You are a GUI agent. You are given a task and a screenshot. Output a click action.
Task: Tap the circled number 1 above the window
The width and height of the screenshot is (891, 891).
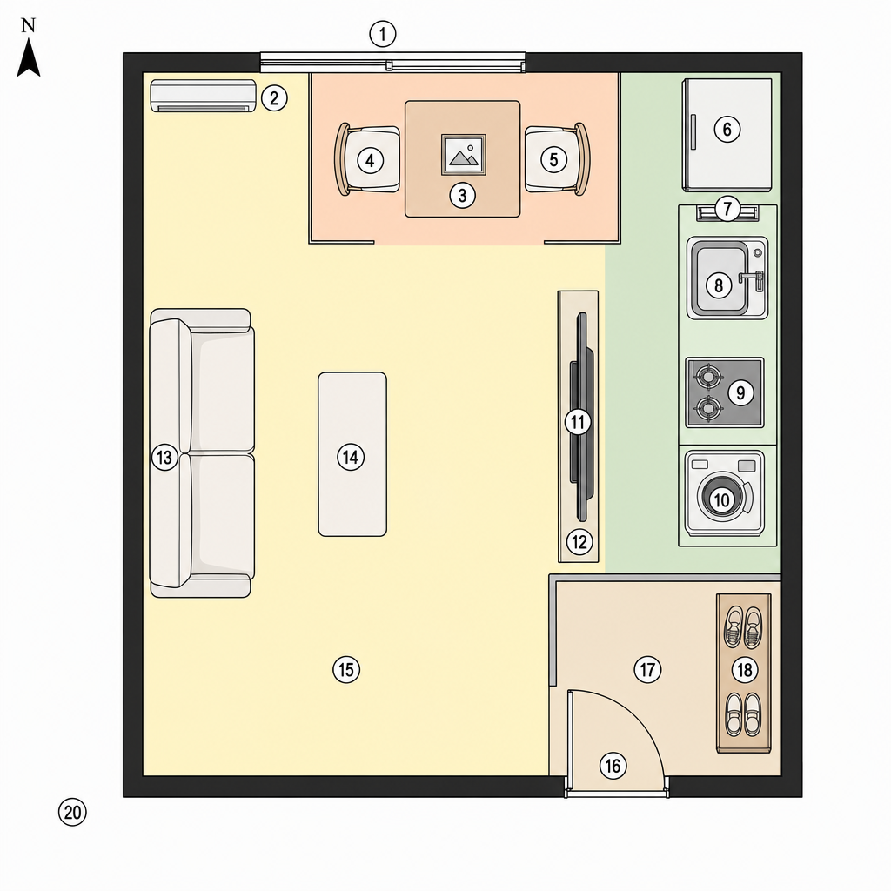(x=383, y=34)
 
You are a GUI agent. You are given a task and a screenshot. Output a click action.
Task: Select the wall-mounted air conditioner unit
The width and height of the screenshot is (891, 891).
(x=203, y=96)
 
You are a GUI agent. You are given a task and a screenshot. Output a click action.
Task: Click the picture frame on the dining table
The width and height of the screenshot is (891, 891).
(x=464, y=155)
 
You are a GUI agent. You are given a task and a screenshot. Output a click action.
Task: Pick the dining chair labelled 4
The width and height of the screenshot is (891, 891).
(x=367, y=160)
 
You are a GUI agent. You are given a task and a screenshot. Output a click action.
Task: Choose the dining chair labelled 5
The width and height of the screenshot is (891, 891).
(x=558, y=159)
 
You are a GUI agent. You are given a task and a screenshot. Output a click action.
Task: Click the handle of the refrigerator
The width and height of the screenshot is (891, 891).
(x=693, y=132)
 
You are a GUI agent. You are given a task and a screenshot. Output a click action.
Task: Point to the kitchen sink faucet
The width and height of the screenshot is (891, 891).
(x=753, y=278)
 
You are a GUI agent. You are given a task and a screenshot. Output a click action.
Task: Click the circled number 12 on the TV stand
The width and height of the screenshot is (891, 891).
(x=579, y=541)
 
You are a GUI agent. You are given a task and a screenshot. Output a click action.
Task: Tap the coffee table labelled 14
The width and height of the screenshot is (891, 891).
(x=352, y=454)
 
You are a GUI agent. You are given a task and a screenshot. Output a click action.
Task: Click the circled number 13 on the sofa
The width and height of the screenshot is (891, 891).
(x=164, y=458)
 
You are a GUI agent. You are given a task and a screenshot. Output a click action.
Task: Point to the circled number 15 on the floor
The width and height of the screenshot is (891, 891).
(x=346, y=669)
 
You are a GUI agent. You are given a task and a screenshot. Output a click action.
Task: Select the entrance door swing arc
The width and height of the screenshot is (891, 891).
(x=636, y=715)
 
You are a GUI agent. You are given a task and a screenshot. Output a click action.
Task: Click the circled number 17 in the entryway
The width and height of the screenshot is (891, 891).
(x=647, y=670)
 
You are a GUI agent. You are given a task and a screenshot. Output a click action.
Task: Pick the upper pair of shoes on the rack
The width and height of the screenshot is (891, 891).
(x=743, y=627)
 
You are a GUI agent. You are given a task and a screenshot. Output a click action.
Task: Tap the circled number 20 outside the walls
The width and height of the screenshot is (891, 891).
(x=73, y=813)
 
